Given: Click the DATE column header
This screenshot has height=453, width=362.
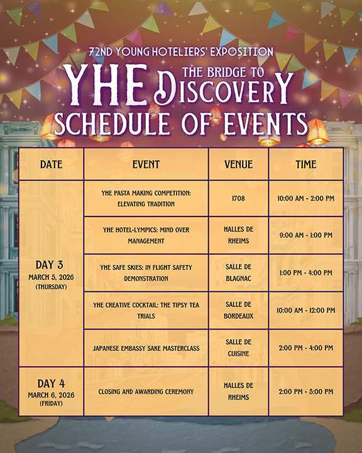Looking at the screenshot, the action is [x=51, y=164].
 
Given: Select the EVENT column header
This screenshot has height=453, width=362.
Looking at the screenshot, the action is [x=146, y=164].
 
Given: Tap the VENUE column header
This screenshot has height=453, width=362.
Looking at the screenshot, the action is [x=238, y=164].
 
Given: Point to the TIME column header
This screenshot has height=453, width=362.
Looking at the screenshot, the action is [x=306, y=164].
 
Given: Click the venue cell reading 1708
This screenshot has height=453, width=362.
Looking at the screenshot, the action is [x=238, y=198].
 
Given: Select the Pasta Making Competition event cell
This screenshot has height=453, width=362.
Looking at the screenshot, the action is [x=146, y=198].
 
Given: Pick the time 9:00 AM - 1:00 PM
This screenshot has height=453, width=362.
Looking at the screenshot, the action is [x=306, y=235].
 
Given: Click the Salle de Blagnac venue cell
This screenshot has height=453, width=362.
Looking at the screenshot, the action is [x=238, y=272].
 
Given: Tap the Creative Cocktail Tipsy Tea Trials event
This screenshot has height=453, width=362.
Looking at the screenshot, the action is [x=146, y=310].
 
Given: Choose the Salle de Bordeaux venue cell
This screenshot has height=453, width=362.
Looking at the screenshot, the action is [x=238, y=310].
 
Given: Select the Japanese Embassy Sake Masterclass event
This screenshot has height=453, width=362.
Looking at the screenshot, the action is [x=146, y=348].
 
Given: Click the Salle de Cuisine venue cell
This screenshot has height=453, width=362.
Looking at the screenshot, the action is [x=238, y=347].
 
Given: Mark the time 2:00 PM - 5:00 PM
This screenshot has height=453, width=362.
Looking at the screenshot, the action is [x=306, y=391].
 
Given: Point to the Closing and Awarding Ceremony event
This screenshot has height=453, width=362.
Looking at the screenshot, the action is [x=146, y=392].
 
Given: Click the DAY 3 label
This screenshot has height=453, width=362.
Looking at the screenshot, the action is [x=50, y=265].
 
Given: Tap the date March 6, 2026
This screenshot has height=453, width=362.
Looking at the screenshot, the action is [x=51, y=395].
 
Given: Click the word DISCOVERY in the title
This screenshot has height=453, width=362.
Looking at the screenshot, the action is [x=223, y=89].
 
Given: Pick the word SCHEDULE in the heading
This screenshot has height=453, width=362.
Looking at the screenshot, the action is [x=112, y=124].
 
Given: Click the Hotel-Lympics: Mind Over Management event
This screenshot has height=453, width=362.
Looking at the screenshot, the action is [x=146, y=235].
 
